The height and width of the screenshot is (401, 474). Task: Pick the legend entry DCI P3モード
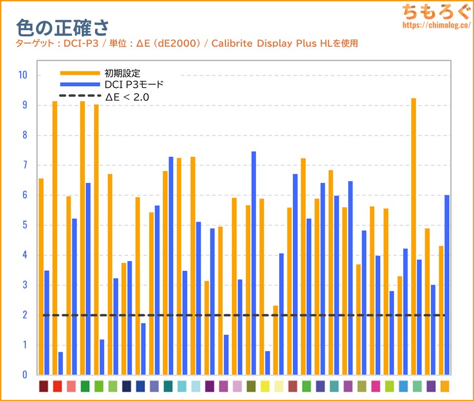click(x=135, y=84)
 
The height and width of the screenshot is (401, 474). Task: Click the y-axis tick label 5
click(x=24, y=225)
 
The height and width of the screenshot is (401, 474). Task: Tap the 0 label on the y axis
click(x=24, y=375)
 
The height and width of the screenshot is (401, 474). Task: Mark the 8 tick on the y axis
click(x=24, y=135)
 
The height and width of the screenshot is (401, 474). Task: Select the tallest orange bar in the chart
click(x=413, y=236)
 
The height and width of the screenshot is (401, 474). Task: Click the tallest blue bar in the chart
click(x=253, y=263)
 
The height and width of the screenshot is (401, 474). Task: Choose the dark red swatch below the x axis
click(x=44, y=386)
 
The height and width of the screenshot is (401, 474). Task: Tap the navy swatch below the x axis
click(x=126, y=386)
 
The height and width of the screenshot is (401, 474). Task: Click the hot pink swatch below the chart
click(x=376, y=386)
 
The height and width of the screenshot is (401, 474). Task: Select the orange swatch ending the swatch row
click(x=445, y=386)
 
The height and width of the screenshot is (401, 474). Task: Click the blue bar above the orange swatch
click(x=447, y=285)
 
